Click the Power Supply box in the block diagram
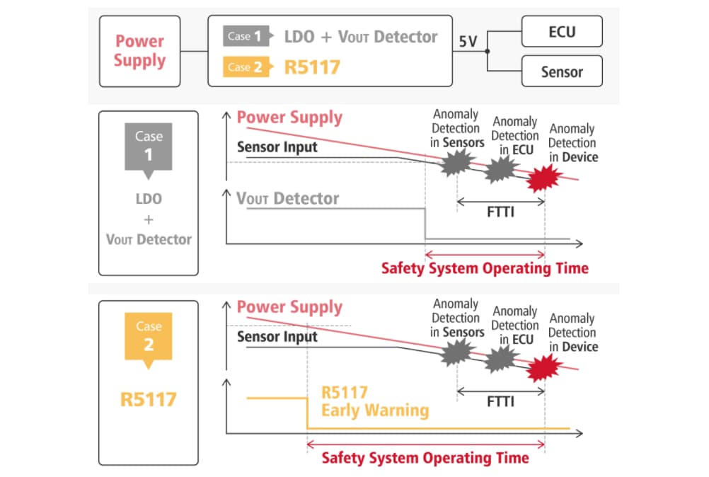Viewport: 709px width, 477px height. tap(139, 52)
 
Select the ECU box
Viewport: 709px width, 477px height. tap(562, 32)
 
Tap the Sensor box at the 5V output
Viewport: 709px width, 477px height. tap(562, 71)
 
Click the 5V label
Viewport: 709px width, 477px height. tap(468, 42)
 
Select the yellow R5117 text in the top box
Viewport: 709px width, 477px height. tap(312, 67)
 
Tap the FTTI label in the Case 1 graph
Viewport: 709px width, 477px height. tap(500, 212)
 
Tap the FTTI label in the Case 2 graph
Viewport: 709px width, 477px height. tap(500, 402)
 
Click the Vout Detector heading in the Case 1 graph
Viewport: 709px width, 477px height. tap(288, 199)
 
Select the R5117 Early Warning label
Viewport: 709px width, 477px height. tap(374, 402)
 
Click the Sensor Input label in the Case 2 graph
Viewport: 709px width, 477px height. tap(277, 337)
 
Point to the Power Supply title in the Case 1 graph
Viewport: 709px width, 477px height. tap(289, 117)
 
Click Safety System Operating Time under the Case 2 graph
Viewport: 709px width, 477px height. tap(425, 458)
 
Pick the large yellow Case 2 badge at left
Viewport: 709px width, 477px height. tap(149, 336)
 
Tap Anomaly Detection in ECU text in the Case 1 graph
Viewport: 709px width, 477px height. tap(514, 136)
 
